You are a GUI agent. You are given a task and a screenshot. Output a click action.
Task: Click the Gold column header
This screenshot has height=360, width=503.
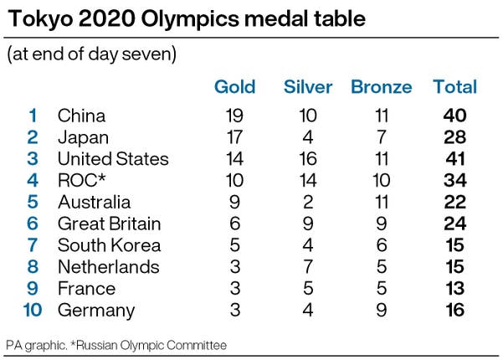pos(235,87)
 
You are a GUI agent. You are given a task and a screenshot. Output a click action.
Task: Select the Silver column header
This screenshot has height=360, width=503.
pos(308,87)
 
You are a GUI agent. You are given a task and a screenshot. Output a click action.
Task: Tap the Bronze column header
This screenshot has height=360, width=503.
pos(382,87)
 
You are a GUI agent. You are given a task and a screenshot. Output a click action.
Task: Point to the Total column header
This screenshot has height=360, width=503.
pos(455,87)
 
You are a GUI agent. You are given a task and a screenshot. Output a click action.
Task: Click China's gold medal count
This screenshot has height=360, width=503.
pos(234,116)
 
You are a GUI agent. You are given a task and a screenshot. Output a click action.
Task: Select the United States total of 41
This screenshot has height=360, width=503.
pos(455,159)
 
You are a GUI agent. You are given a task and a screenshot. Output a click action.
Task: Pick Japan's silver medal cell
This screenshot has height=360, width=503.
pos(308,137)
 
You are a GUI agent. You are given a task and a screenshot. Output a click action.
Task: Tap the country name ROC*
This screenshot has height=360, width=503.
pos(81,180)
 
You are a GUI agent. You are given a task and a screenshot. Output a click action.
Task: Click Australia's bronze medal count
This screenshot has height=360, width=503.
pos(382,202)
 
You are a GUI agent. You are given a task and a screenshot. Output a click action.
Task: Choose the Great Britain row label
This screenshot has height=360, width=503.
pos(110,224)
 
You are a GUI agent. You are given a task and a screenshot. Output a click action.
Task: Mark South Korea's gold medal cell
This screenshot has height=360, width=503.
pos(235,245)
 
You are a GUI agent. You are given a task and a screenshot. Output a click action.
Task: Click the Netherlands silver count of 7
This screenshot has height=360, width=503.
pos(308,266)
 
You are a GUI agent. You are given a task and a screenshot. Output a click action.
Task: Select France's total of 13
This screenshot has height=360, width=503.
pos(455,288)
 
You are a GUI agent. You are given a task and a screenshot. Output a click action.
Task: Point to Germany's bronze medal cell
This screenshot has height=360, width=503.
pos(382,310)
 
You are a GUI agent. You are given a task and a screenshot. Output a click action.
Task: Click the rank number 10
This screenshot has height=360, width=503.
pos(33,310)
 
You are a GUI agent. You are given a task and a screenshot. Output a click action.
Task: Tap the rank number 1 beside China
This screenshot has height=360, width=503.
pos(33,116)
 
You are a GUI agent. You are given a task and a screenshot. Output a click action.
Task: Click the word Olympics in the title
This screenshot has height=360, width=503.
pos(190,18)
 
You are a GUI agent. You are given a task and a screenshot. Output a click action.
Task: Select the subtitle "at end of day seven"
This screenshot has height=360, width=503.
pos(92,54)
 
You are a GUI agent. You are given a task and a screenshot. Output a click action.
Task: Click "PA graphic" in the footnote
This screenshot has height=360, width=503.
pos(36,346)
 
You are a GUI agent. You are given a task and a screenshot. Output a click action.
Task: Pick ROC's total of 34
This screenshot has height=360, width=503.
pos(455,180)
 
